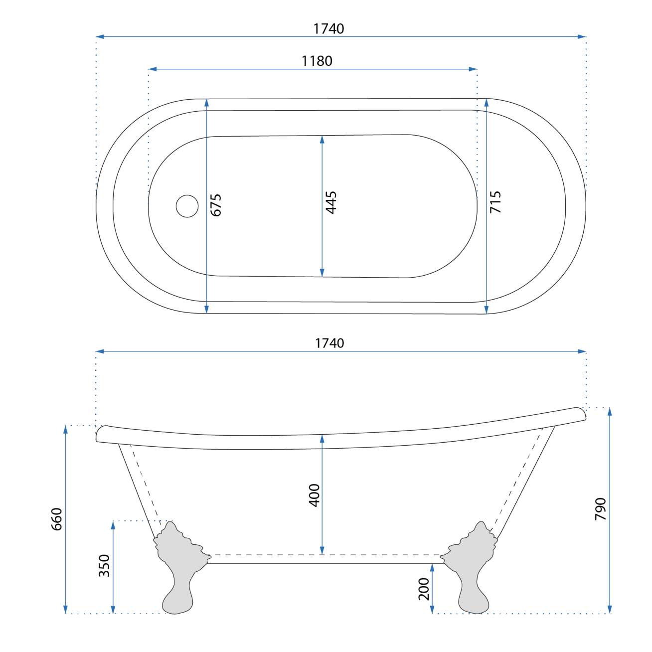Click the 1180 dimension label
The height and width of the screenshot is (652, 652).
click(x=317, y=61)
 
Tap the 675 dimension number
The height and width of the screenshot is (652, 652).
click(x=215, y=205)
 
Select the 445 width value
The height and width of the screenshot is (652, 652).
click(x=331, y=203)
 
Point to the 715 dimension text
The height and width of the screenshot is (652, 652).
click(x=495, y=202)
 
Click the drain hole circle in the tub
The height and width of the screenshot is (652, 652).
click(x=187, y=206)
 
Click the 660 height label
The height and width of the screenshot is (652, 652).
click(x=56, y=519)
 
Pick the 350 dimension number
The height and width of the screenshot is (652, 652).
click(x=104, y=566)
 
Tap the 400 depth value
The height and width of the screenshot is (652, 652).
click(x=315, y=495)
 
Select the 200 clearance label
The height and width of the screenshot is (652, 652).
click(x=424, y=589)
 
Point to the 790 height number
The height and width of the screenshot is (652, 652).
click(x=601, y=509)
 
